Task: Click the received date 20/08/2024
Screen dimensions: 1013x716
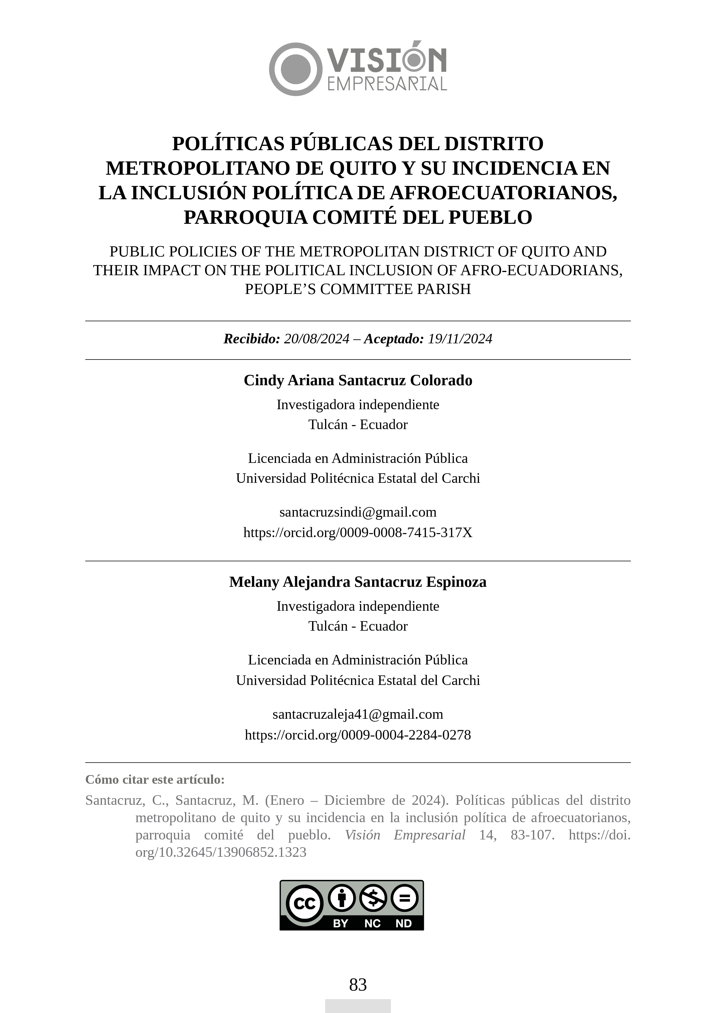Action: [x=316, y=339]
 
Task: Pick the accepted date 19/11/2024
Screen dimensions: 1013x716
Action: [x=460, y=339]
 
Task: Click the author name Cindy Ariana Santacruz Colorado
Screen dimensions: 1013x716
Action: [x=358, y=380]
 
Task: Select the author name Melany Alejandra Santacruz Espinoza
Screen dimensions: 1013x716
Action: [x=358, y=582]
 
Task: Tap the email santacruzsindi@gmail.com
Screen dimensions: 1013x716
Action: [x=358, y=512]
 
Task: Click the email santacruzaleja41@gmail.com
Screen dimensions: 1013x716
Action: [x=358, y=714]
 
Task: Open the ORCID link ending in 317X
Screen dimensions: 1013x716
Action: [x=358, y=532]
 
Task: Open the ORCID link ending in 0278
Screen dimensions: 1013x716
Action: [x=358, y=735]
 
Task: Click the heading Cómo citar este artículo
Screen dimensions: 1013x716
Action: [x=155, y=780]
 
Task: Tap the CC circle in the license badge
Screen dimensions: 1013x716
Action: [x=304, y=904]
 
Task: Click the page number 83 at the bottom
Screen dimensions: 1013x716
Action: [x=358, y=985]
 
